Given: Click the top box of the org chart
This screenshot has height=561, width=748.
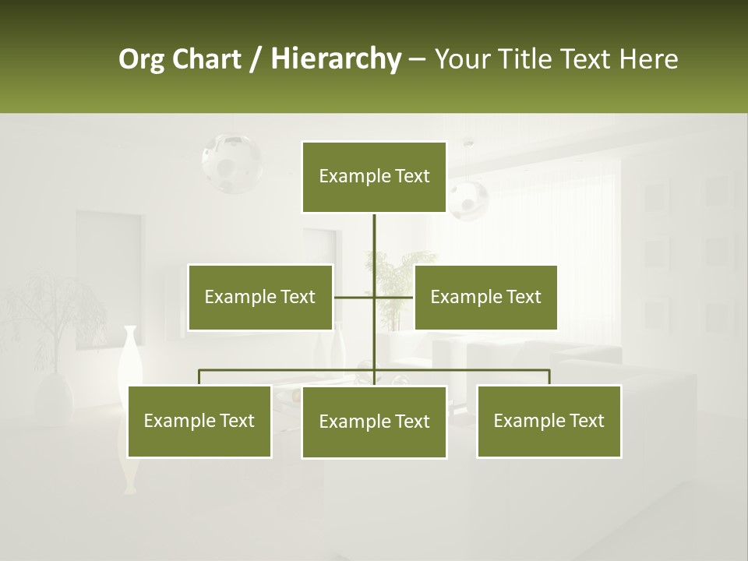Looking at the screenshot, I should coord(374,177).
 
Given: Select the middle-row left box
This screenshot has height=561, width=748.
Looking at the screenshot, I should coord(260,297).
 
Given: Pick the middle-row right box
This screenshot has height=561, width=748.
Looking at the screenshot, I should coord(485,297).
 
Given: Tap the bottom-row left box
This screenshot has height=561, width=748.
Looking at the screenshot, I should coord(199,421).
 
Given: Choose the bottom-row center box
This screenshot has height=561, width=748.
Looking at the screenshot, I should coord(374,422).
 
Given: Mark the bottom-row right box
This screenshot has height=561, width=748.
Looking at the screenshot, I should coord(549,421).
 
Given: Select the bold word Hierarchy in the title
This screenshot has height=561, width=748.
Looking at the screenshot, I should coord(336,59).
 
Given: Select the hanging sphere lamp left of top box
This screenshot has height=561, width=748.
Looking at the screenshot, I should coord(231,163).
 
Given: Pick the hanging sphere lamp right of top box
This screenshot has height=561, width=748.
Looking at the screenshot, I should coord(468,198).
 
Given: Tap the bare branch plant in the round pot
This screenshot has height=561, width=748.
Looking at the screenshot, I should coord(55,327).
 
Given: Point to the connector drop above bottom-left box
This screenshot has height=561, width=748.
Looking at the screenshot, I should coord(199,377).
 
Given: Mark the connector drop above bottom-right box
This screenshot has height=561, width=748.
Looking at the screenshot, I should coord(549,377).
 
